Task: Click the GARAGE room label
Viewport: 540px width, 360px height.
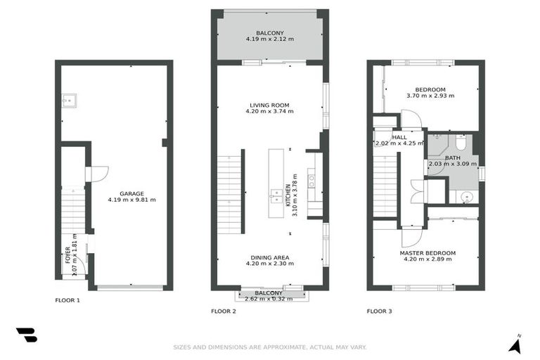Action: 131,193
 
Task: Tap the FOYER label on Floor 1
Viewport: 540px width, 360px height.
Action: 68,253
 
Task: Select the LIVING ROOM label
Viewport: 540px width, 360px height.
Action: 269,105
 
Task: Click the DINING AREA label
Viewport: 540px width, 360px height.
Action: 269,257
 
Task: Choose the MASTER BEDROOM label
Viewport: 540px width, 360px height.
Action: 427,253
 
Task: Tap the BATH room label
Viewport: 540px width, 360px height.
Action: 452,158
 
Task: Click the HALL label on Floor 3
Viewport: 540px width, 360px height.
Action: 399,137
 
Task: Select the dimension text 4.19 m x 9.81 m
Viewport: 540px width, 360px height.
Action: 131,200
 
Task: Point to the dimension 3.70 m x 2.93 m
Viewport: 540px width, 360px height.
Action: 430,96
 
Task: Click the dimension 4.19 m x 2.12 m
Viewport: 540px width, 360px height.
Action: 269,39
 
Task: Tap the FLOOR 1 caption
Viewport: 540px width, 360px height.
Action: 67,300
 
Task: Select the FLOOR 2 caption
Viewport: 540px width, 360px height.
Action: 223,310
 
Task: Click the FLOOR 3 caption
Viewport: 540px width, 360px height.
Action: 379,310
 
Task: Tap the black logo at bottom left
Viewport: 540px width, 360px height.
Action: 27,335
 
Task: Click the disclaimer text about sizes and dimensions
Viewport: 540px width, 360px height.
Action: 270,347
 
